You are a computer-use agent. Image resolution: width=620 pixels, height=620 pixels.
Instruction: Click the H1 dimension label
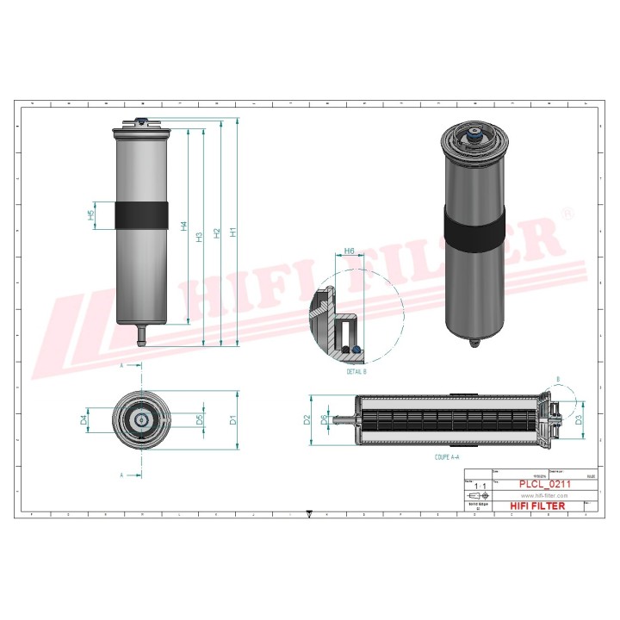[x=232, y=232]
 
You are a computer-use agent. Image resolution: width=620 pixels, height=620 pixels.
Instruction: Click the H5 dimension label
[x=92, y=215]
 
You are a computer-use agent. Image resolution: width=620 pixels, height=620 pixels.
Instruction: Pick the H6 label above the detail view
[x=349, y=251]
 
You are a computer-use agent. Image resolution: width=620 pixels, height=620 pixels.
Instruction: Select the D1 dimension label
[x=232, y=420]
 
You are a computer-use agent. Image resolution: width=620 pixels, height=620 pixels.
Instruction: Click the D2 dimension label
[x=307, y=420]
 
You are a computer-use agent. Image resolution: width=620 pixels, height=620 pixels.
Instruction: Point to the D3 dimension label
[x=579, y=420]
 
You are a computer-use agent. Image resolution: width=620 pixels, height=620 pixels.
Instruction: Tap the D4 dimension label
[x=84, y=420]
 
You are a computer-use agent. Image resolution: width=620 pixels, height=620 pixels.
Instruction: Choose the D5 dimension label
[x=200, y=420]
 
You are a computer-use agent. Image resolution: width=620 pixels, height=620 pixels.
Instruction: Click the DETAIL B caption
[x=356, y=371]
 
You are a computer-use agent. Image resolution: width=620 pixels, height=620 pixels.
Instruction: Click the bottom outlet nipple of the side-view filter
[x=141, y=332]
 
